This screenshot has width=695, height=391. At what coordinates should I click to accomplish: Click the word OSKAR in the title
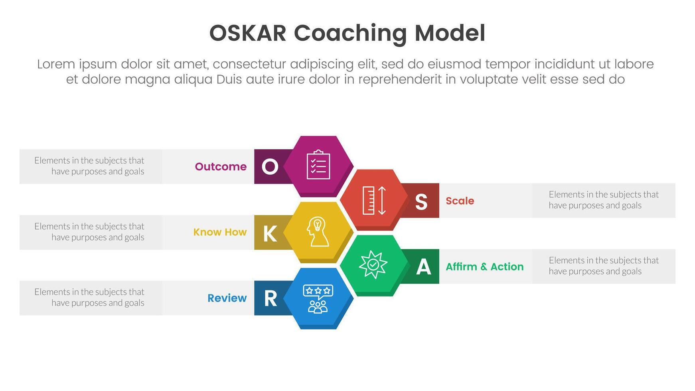pos(248,33)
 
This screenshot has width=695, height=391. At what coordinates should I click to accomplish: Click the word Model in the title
pos(450,33)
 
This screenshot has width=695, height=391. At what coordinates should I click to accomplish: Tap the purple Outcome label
pos(221,166)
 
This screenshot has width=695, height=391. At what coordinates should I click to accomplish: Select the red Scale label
pos(460,201)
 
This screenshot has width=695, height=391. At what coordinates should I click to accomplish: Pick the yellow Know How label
pos(220,232)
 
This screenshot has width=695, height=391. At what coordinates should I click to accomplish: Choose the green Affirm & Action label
pos(484,267)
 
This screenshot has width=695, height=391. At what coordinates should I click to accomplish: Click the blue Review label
pos(227,298)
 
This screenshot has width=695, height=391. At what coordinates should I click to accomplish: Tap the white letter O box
pos(270,166)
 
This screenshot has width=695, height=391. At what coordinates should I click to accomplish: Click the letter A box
pos(423,267)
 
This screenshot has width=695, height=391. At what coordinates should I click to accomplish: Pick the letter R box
pos(270,298)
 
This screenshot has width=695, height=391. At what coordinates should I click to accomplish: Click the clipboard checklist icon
pos(318,164)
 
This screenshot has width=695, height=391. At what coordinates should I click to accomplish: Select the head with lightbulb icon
pos(318,232)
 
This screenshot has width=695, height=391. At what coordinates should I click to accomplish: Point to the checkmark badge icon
pos(373,265)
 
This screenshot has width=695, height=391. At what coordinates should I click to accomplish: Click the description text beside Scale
pos(603,200)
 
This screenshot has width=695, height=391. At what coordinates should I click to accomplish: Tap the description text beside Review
pos(89,297)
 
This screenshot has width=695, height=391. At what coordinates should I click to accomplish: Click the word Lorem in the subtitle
pos(56,64)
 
